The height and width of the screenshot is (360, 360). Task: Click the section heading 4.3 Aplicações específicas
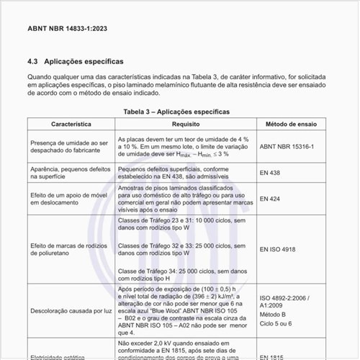(76, 62)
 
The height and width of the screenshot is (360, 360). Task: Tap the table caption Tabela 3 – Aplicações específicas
(176, 112)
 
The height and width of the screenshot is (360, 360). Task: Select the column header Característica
(71, 125)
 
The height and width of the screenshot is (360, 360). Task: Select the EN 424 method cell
(271, 199)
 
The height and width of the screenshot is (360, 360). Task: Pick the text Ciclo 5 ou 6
(276, 323)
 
